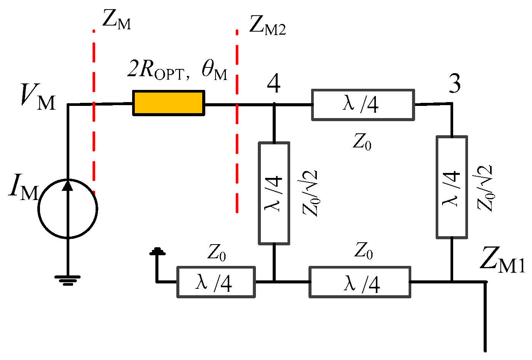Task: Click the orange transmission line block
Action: tap(168, 103)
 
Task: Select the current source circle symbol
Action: tap(68, 209)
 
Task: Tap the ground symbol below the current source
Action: tap(67, 280)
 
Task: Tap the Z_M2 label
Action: tap(267, 26)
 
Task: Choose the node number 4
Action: tap(273, 84)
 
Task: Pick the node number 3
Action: tap(454, 84)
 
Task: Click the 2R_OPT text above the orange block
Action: tap(158, 70)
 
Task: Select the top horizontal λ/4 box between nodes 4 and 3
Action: tap(363, 105)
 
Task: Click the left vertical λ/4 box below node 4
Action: tap(274, 193)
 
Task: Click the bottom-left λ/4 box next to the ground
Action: tap(216, 282)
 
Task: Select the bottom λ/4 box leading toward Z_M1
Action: tap(360, 283)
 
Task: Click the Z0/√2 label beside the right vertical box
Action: tap(485, 188)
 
